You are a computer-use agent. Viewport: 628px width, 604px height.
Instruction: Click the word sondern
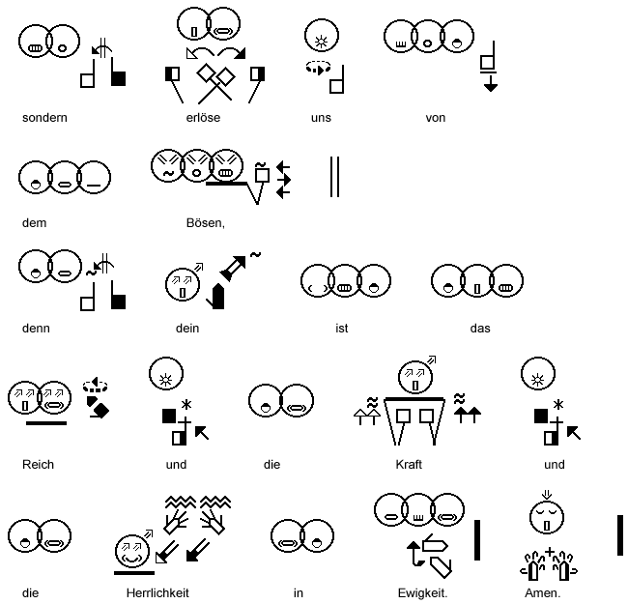click(44, 118)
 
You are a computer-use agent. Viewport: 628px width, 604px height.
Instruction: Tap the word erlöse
click(204, 118)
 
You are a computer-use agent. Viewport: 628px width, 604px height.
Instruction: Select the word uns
click(321, 118)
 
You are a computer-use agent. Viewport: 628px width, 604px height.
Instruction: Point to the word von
click(435, 118)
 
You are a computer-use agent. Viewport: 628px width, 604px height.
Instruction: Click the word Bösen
click(205, 223)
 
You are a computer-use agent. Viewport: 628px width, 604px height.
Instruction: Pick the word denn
click(36, 328)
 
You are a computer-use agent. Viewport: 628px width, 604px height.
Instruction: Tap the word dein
click(187, 328)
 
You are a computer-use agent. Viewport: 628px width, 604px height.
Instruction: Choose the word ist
click(342, 328)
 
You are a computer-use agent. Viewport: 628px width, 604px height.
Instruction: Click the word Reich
click(38, 464)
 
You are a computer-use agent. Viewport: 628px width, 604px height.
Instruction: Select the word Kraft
click(409, 464)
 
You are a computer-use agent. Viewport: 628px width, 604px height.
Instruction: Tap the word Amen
click(542, 592)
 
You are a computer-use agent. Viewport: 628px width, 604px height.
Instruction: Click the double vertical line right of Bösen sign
click(334, 176)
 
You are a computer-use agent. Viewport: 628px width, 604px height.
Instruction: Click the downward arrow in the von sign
click(491, 84)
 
